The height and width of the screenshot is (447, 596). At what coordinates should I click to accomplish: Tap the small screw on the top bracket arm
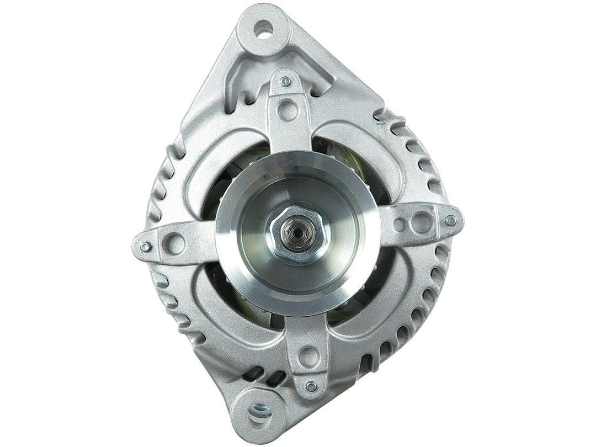[x=285, y=82]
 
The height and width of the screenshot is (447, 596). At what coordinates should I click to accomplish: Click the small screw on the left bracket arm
[x=145, y=246]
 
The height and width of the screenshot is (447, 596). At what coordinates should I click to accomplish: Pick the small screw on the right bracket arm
[x=451, y=221]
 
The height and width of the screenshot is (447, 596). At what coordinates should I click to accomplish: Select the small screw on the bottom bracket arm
[x=311, y=385]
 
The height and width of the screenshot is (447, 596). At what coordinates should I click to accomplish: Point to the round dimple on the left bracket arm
[x=174, y=241]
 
